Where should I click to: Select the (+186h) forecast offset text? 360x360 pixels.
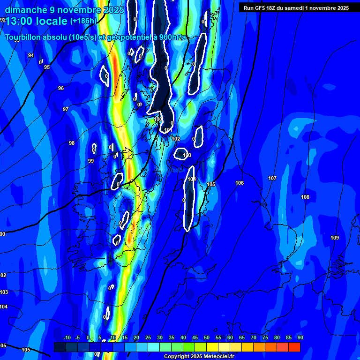coord(83,21)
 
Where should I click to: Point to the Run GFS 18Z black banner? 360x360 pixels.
coord(296,7)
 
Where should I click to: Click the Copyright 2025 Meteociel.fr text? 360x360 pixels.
coord(198,357)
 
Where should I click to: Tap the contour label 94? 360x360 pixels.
coord(31,55)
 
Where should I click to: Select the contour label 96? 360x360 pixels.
coord(61,88)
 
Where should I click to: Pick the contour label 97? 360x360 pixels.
coord(66,109)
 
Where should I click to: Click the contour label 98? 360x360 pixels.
coord(72,143)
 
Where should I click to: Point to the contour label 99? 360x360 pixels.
coord(91,161)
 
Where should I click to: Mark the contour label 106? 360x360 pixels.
coord(240,183)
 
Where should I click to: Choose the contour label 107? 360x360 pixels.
coord(272,178)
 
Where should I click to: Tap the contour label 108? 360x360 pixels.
coord(305,197)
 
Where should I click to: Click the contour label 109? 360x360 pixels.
coord(335,238)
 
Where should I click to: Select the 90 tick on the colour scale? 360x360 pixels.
coord(300,337)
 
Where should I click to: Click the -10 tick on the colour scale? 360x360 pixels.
coord(67,337)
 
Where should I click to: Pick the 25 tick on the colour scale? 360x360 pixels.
coord(148,337)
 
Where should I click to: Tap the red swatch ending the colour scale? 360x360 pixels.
coord(294,347)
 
